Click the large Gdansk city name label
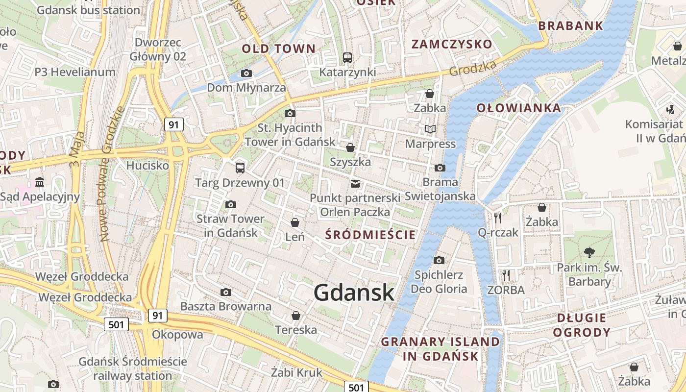pos(354,292)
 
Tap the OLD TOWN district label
pos(278,49)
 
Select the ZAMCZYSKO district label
pos(451,44)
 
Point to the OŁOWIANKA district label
pos(518,108)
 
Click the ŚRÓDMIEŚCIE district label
pos(370,235)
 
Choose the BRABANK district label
pos(570,26)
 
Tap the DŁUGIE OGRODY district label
pos(582,325)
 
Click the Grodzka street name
pos(473,68)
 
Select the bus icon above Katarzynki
pos(347,57)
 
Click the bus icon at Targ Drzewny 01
pos(240,168)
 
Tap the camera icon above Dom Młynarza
pos(246,73)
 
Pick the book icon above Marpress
pos(430,129)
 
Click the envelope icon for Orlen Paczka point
pos(355,184)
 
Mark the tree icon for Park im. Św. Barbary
pos(589,253)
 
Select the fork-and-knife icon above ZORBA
pos(506,275)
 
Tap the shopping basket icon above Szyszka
pos(350,147)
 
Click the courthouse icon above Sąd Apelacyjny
pos(40,183)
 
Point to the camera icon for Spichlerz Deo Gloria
pos(439,260)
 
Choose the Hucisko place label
pos(147,166)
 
